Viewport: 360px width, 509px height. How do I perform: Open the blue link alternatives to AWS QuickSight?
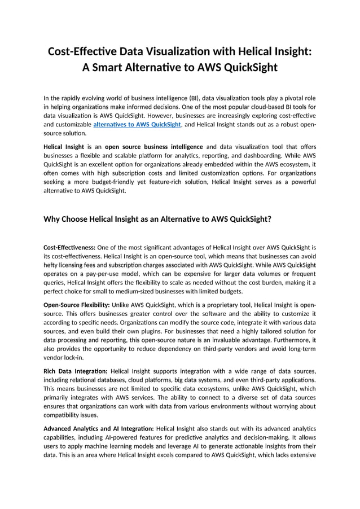pyautogui.click(x=137, y=124)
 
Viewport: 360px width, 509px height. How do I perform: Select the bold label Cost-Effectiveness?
pyautogui.click(x=69, y=247)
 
